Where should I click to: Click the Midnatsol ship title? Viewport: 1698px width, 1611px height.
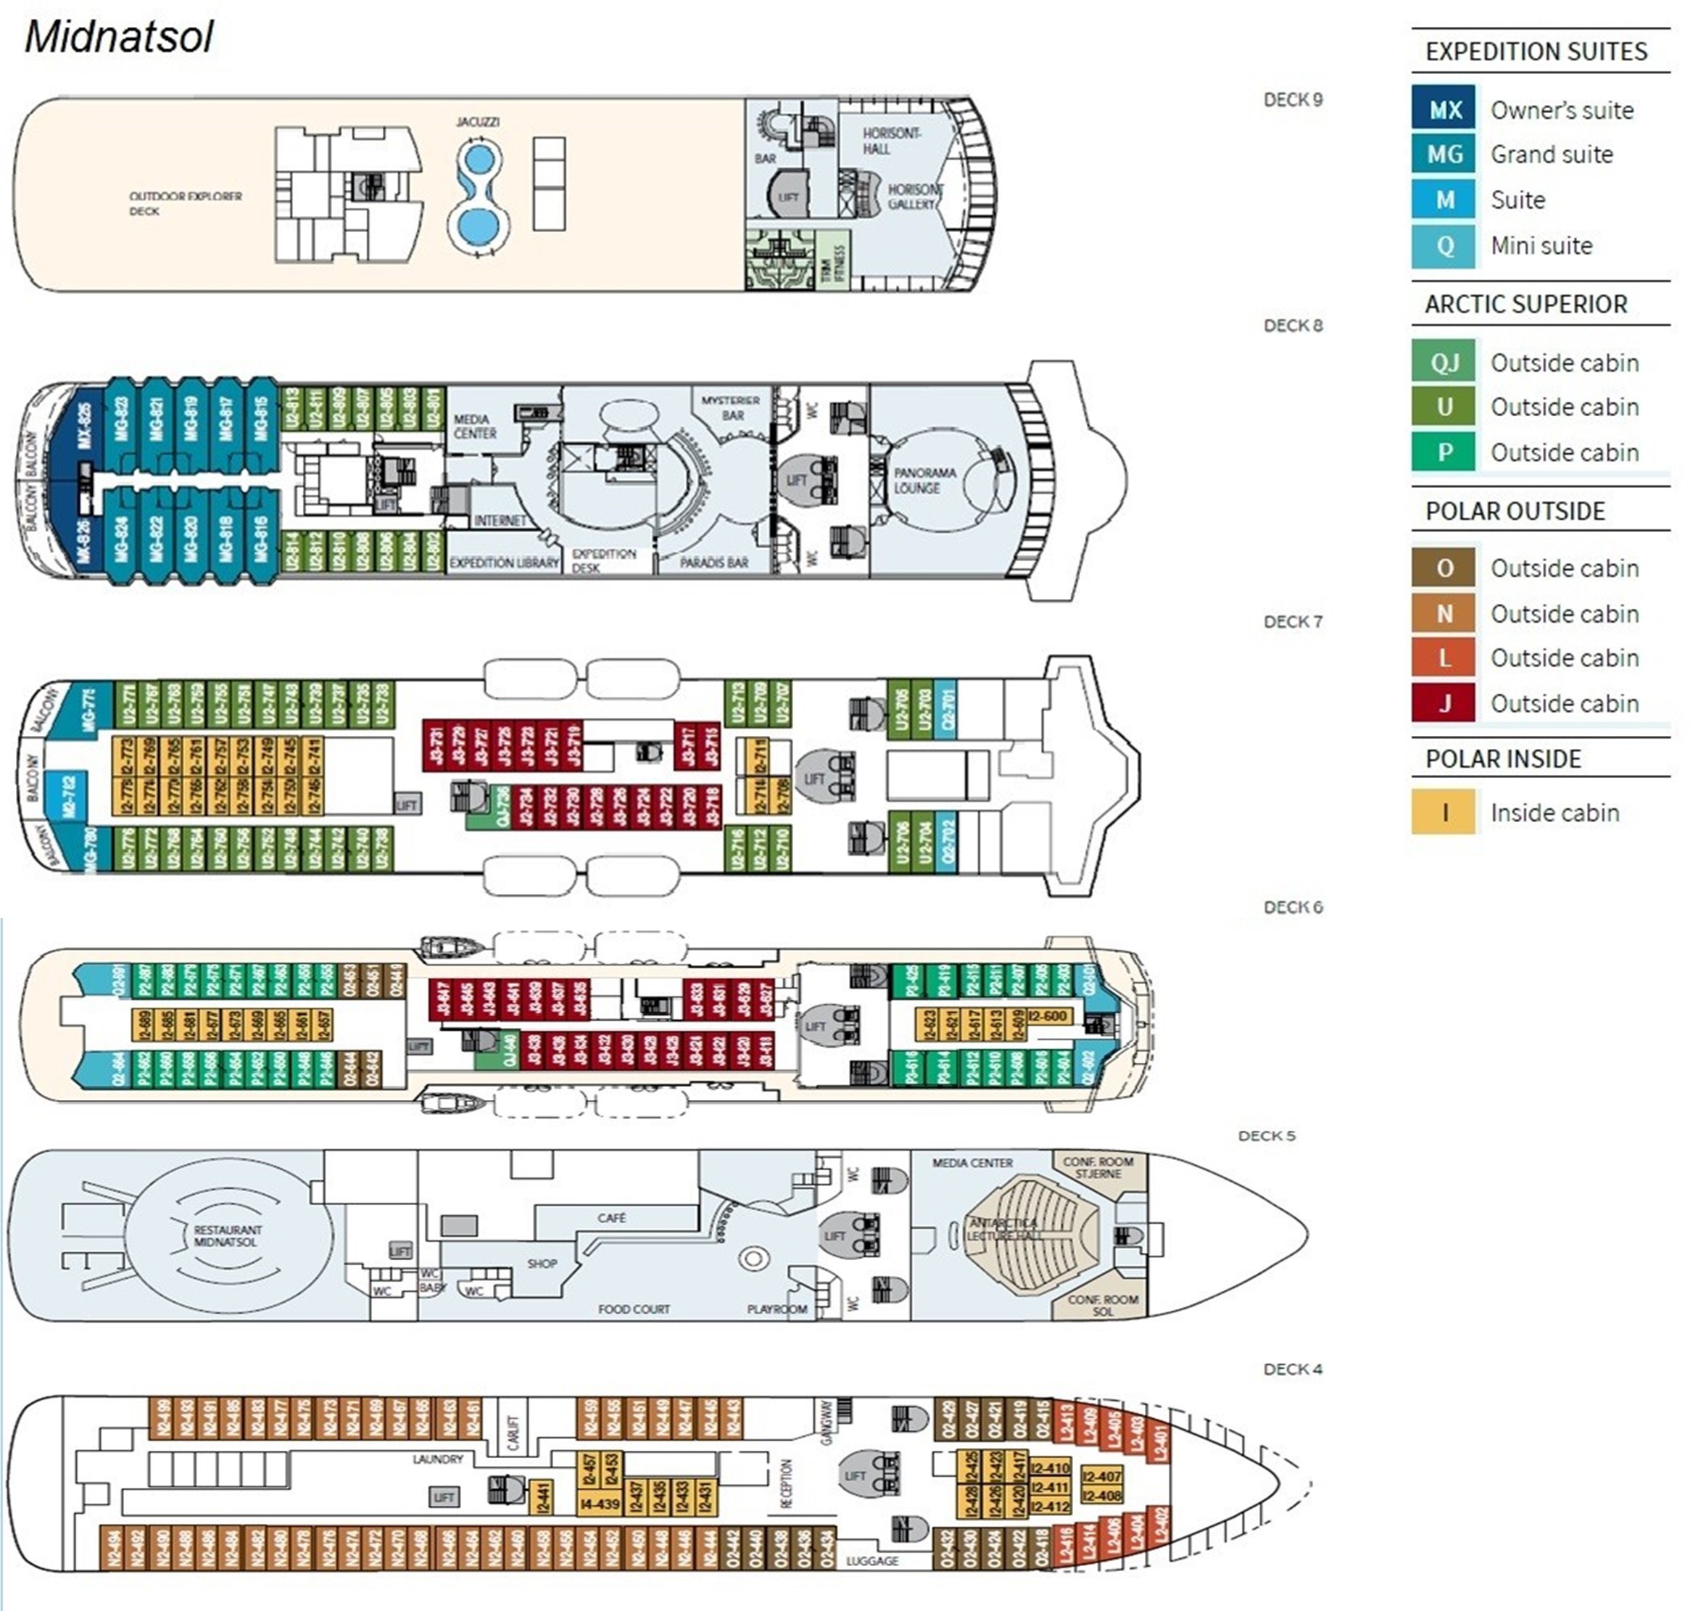pos(118,38)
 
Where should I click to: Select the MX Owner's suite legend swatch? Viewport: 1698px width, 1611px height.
pos(1445,109)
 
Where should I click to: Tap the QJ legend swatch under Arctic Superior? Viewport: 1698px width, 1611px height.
pos(1445,363)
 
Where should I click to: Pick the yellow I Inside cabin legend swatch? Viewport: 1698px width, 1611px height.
pos(1445,812)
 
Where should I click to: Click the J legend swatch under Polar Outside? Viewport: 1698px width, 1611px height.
pos(1445,703)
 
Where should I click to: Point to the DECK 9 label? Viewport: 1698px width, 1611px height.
pos(1293,99)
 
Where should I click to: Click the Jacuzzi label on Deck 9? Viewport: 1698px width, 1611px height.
pos(478,122)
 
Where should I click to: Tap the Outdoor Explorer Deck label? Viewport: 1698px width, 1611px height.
pos(186,204)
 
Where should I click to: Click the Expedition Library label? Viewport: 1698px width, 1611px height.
pos(504,563)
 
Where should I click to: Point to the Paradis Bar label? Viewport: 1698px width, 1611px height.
pos(713,563)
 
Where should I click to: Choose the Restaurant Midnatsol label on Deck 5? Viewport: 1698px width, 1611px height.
pos(228,1235)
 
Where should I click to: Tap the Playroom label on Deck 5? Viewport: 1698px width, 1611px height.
pos(776,1309)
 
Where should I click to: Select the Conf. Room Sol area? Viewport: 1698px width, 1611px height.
pos(1103,1304)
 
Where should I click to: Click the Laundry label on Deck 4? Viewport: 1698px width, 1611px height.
pos(437,1459)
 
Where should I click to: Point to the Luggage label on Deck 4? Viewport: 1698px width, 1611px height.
pos(871,1560)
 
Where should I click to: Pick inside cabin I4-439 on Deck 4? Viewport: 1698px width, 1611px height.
pos(600,1504)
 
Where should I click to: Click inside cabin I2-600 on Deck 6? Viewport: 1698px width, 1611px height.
pos(1048,1016)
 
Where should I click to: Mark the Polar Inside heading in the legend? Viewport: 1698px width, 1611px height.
pos(1503,759)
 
